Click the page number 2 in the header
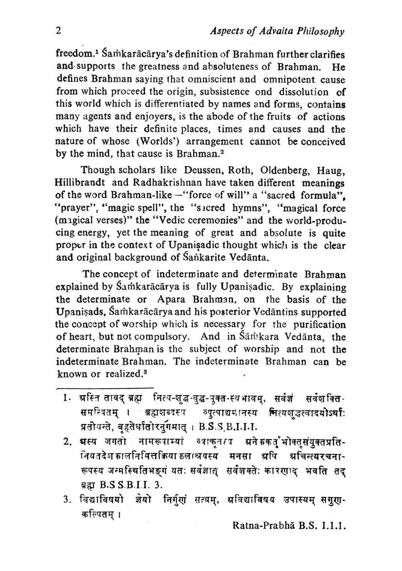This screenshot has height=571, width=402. [x=59, y=31]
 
